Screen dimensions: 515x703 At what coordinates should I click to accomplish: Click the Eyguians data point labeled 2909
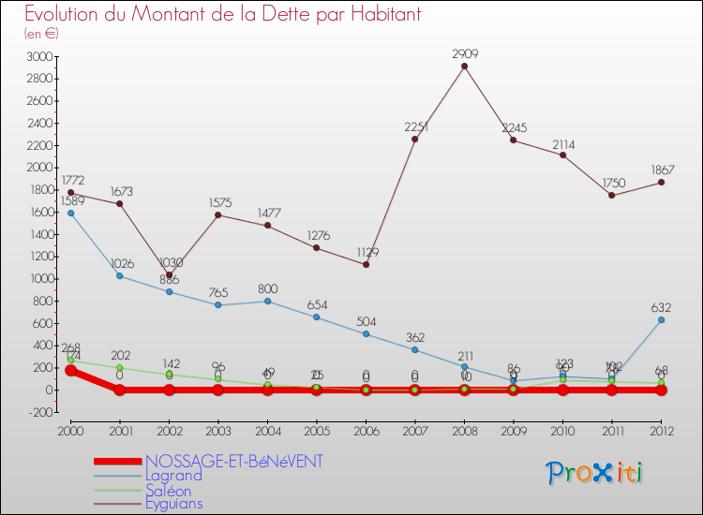pyautogui.click(x=464, y=66)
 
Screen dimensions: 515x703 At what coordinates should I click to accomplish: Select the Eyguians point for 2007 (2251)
pyautogui.click(x=414, y=139)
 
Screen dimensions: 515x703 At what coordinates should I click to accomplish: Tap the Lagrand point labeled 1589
pyautogui.click(x=70, y=213)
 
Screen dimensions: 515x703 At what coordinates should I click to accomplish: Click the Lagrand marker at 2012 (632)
pyautogui.click(x=661, y=319)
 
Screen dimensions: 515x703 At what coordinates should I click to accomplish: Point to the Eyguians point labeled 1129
pyautogui.click(x=366, y=264)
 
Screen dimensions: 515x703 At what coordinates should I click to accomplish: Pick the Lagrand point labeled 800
pyautogui.click(x=267, y=301)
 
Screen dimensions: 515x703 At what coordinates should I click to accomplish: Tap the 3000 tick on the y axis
pyautogui.click(x=38, y=56)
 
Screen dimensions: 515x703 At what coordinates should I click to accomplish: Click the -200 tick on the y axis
pyautogui.click(x=38, y=411)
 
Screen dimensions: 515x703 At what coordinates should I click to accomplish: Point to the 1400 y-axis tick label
pyautogui.click(x=38, y=234)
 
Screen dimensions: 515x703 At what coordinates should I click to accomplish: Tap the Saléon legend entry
pyautogui.click(x=168, y=490)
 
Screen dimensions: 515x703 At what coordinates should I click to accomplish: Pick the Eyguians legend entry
pyautogui.click(x=173, y=504)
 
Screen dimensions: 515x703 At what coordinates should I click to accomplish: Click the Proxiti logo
pyautogui.click(x=595, y=472)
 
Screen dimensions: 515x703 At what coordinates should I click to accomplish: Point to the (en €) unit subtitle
pyautogui.click(x=42, y=33)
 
